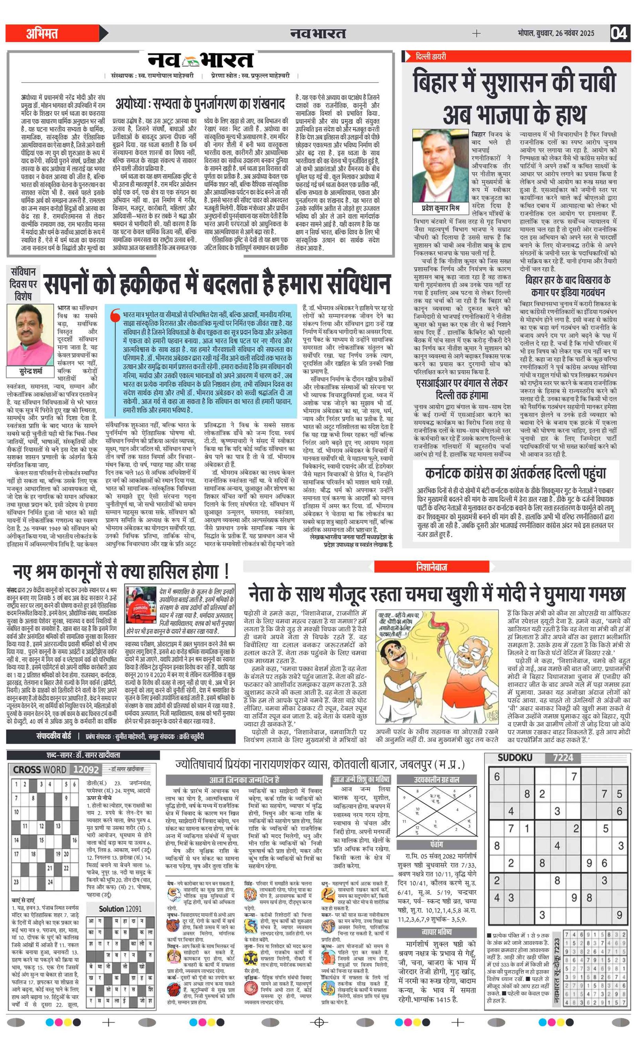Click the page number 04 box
619,33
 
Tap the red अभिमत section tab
43,33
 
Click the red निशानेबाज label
432,567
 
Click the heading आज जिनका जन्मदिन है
244,779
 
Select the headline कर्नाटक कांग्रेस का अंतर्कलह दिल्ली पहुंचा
515,474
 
